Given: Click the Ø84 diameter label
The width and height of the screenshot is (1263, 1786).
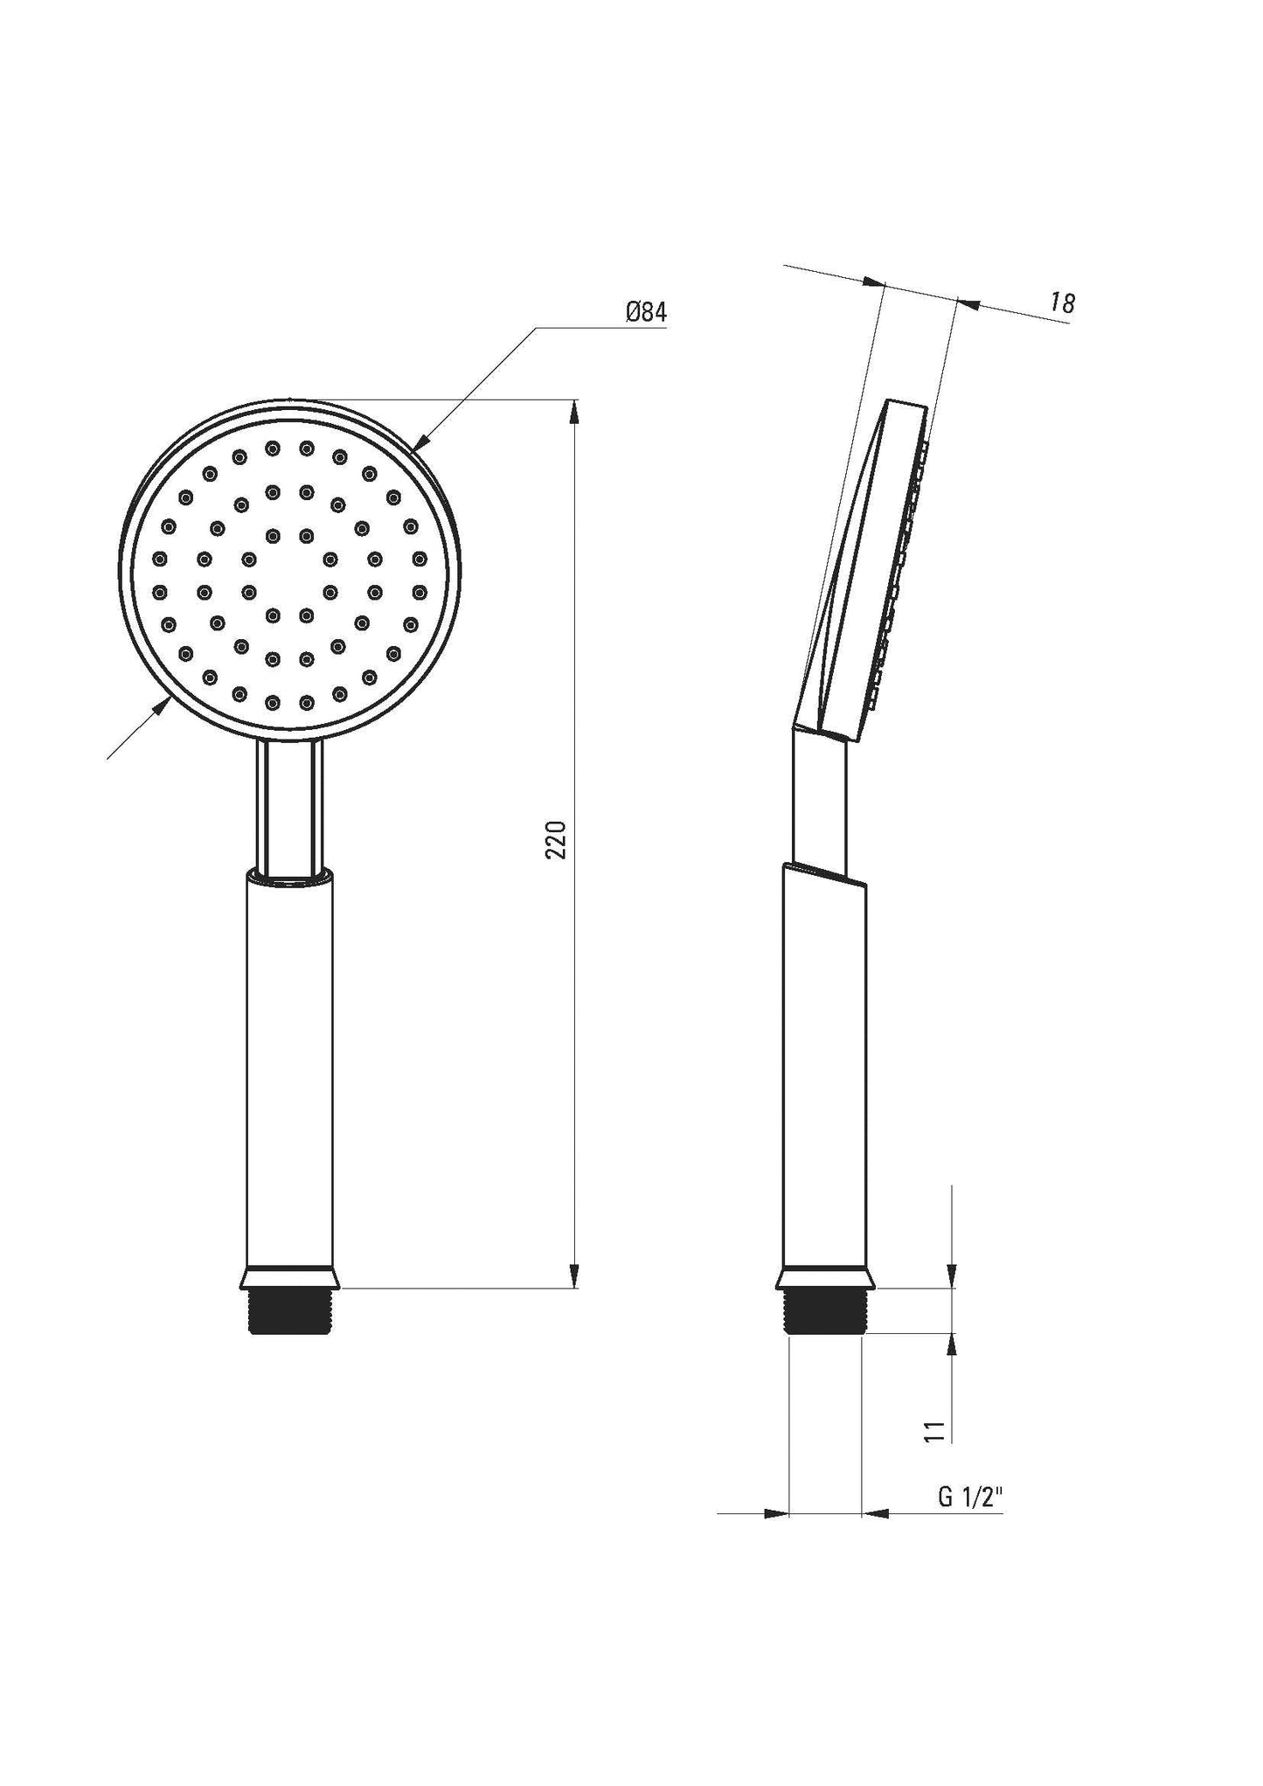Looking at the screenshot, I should click(x=646, y=312).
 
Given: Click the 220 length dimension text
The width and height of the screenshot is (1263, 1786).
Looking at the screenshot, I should click(x=557, y=839).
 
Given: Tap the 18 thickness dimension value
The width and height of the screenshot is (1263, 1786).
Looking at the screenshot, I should click(x=1062, y=303).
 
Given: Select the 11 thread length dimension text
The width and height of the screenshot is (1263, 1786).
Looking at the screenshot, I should click(x=934, y=1431).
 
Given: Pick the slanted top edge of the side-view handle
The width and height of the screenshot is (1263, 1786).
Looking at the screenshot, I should click(x=825, y=878).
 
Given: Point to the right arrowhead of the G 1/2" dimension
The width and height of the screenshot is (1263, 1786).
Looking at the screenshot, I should click(x=875, y=1513).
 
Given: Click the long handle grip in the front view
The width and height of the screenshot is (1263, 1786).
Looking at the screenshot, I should click(x=289, y=1067).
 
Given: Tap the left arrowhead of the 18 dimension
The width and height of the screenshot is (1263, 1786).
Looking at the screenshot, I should click(x=874, y=282).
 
